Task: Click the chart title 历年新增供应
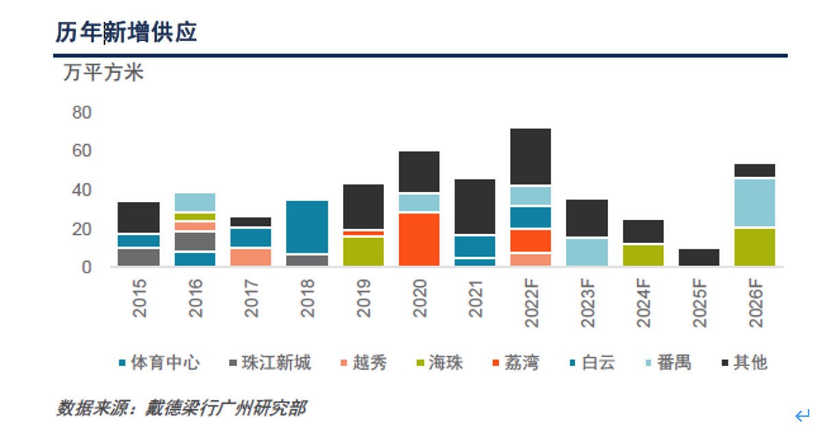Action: coord(126,32)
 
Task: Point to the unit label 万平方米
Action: coord(104,72)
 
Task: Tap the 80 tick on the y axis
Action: coord(82,112)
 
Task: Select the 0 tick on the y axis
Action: coord(87,267)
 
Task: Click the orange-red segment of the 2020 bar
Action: coord(419,239)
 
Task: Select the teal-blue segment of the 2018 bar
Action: coord(307,227)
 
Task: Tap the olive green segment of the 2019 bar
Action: coord(363,251)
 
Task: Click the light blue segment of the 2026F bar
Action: coord(754,203)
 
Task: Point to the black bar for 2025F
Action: coord(699,258)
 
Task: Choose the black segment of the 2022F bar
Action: coord(531,157)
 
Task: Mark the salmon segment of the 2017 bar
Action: coord(251,257)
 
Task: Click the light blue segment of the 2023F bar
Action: coord(587,252)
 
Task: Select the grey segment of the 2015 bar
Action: coord(139,257)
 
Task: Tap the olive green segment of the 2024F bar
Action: coord(643,255)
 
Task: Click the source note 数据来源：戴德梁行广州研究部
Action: coord(181,408)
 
